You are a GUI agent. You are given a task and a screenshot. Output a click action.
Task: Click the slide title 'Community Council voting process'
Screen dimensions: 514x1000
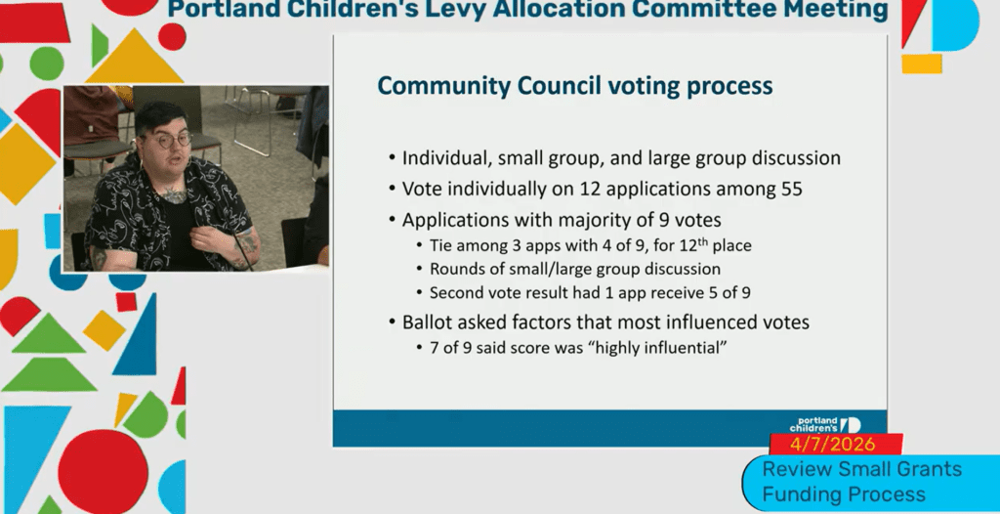[574, 86]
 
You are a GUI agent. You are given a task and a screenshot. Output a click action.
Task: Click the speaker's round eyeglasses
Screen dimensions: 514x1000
[169, 140]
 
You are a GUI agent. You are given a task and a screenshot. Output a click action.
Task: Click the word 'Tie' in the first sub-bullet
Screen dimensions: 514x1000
[442, 244]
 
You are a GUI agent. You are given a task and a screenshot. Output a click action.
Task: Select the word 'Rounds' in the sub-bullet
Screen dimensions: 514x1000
[457, 269]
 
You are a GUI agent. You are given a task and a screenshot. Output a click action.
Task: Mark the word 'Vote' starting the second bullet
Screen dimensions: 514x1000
[424, 189]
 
